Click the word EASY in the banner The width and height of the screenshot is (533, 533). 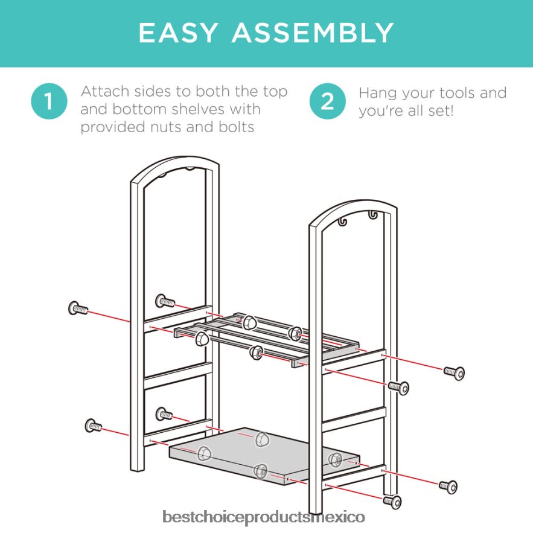(178, 33)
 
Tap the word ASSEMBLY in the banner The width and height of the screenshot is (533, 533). (313, 33)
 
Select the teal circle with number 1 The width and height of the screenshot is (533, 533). (49, 101)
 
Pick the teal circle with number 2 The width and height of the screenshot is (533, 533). (327, 101)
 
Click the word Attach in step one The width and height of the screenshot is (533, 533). (105, 91)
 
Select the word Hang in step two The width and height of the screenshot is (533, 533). (378, 94)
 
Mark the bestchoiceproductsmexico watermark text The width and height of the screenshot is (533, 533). (264, 517)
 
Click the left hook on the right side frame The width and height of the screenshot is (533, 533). (343, 222)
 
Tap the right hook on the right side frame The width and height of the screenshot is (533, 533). (373, 215)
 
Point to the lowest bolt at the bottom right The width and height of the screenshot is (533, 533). (392, 502)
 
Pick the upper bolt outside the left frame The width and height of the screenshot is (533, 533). (78, 308)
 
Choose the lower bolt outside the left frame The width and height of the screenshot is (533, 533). (93, 425)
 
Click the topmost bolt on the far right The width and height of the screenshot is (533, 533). (454, 373)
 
